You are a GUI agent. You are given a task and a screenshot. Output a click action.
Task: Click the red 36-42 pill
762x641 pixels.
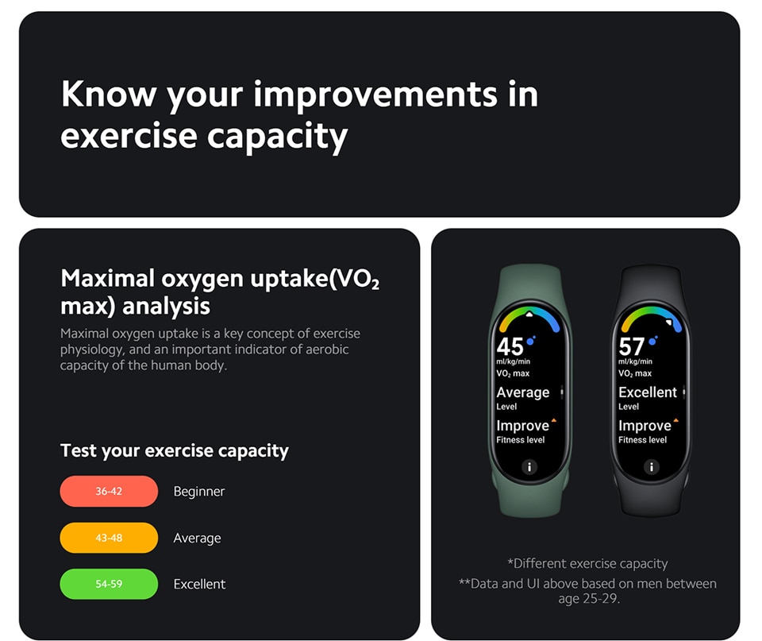109,491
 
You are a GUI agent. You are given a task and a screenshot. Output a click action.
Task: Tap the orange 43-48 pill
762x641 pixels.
109,538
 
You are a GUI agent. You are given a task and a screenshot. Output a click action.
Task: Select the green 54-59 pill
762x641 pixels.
109,584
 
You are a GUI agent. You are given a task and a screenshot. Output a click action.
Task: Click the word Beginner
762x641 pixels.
199,492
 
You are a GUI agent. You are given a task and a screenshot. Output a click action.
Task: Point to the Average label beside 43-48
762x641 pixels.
198,538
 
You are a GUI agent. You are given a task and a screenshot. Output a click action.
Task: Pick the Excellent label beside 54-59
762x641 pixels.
200,584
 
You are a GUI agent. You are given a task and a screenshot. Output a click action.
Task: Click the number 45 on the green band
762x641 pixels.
510,347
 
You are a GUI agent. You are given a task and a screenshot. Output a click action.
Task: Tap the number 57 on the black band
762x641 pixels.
632,347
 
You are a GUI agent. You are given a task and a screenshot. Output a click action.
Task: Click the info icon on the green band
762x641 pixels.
529,467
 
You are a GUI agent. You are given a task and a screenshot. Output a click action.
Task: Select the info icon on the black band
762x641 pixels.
652,467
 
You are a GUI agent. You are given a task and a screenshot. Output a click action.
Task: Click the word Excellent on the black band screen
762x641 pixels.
648,392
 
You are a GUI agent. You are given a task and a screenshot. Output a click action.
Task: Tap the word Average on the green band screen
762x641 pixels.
523,392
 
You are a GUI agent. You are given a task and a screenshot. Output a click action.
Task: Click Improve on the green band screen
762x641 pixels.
523,426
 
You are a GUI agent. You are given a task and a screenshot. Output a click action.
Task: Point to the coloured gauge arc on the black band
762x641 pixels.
651,311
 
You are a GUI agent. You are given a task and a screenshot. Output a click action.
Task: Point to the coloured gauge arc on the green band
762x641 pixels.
529,311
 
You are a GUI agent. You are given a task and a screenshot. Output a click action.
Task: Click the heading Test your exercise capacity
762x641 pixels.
175,451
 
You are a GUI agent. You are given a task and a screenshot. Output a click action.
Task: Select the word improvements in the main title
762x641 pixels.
375,95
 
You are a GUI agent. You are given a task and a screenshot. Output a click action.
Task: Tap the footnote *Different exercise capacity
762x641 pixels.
587,564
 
